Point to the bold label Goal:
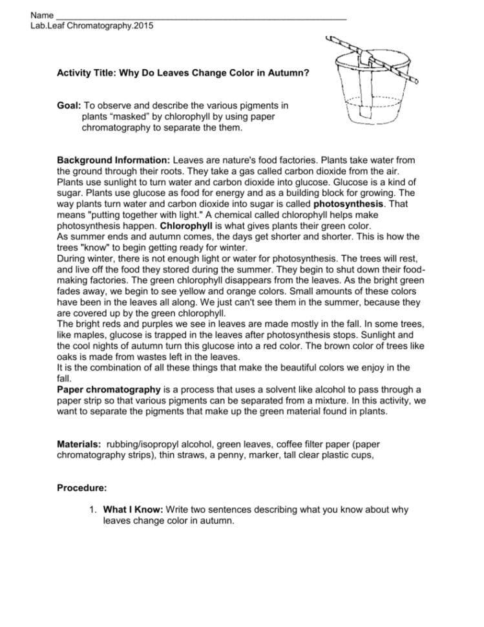pyautogui.click(x=69, y=105)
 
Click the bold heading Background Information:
pyautogui.click(x=114, y=159)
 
